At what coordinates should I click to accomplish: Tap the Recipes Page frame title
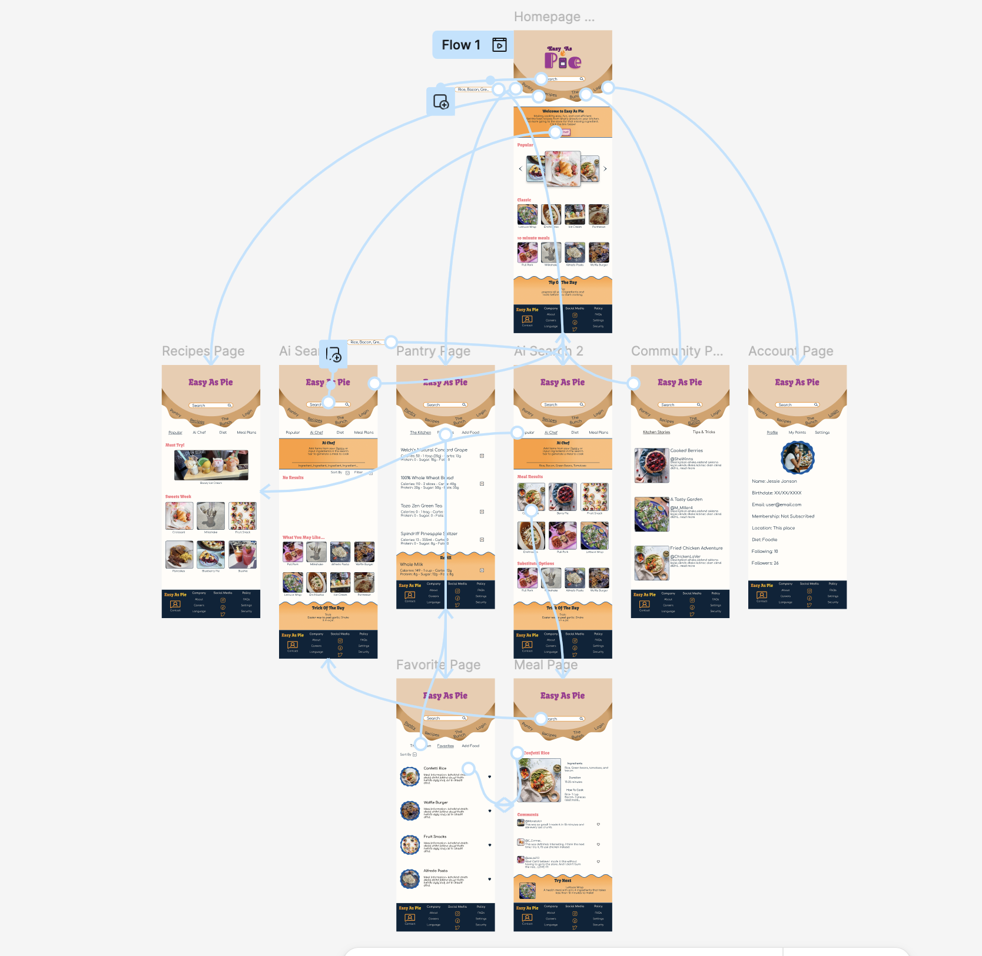pyautogui.click(x=203, y=351)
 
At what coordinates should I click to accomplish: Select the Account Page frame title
pyautogui.click(x=791, y=351)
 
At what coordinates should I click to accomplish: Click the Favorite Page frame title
pyautogui.click(x=438, y=665)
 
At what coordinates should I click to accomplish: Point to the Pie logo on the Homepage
pyautogui.click(x=563, y=60)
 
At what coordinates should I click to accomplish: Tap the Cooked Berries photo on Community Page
pyautogui.click(x=651, y=465)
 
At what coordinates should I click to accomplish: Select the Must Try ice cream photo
pyautogui.click(x=211, y=465)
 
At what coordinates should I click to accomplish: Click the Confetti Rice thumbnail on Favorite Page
pyautogui.click(x=410, y=776)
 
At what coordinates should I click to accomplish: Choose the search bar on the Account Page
pyautogui.click(x=797, y=405)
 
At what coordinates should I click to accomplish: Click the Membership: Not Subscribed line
pyautogui.click(x=783, y=516)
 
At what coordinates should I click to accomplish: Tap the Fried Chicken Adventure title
pyautogui.click(x=696, y=548)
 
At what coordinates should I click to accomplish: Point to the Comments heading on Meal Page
pyautogui.click(x=528, y=815)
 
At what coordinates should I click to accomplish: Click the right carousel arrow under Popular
pyautogui.click(x=605, y=169)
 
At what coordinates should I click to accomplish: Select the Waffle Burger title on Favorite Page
pyautogui.click(x=436, y=802)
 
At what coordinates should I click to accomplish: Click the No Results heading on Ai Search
pyautogui.click(x=293, y=477)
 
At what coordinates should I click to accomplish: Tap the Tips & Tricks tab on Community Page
pyautogui.click(x=704, y=432)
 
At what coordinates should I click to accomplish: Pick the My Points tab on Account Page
pyautogui.click(x=797, y=433)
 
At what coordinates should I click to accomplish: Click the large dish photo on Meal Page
pyautogui.click(x=539, y=780)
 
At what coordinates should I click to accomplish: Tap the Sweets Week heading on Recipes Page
pyautogui.click(x=178, y=497)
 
